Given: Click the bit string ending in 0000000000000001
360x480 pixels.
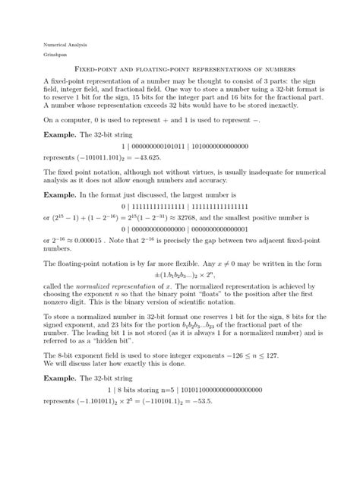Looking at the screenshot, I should tap(180, 229).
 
